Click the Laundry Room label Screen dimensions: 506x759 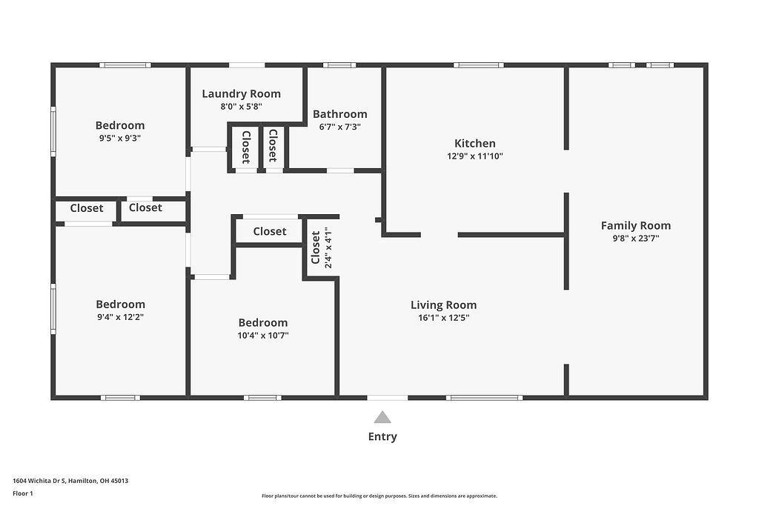[241, 93]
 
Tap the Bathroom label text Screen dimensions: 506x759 [339, 114]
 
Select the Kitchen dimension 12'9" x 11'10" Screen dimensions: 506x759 [475, 156]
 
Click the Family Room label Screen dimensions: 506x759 [635, 226]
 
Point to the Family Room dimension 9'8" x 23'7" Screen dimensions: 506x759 [635, 239]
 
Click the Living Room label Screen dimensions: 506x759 [443, 304]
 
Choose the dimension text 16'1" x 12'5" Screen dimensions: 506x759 [443, 317]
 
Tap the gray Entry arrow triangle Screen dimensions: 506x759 [382, 417]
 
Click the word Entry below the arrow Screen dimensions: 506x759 [382, 436]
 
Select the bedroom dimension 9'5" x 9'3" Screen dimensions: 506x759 [119, 138]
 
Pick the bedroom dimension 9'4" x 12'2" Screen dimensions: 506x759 [120, 316]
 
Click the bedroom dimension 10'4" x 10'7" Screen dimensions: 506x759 [262, 335]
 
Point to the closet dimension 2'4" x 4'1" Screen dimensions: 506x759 [328, 247]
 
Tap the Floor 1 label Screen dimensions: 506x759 [23, 493]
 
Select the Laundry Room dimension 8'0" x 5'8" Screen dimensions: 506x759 [241, 106]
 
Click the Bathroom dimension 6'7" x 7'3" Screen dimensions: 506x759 [339, 127]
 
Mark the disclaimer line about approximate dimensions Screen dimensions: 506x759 [379, 496]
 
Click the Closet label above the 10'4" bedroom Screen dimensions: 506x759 [269, 231]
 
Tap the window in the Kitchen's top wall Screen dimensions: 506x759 [479, 65]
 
